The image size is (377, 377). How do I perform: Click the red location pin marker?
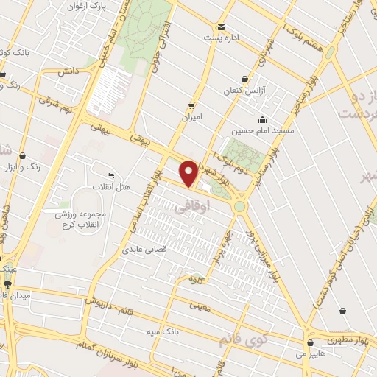[x=190, y=174]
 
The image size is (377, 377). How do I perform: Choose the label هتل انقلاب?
[x=110, y=187]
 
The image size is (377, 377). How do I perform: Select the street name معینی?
[x=199, y=303]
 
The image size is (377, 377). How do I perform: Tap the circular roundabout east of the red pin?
[x=239, y=206]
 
